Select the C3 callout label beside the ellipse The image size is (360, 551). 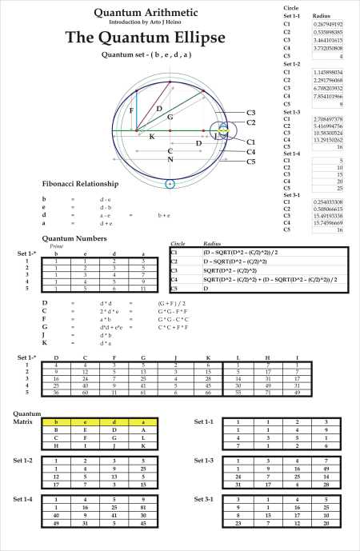coord(250,113)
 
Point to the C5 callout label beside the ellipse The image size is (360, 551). coord(250,161)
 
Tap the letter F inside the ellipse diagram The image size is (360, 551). coord(131,111)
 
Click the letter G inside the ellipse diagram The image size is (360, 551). coord(170,117)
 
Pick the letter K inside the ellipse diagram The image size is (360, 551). coord(152,137)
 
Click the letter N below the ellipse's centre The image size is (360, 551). coord(170,159)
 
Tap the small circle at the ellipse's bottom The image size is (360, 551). coord(170,185)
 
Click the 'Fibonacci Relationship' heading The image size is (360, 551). coord(82,184)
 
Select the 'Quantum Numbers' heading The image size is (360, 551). coord(74,238)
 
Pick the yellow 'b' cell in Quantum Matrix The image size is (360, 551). coord(55,420)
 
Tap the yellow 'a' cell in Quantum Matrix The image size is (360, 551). coord(142,420)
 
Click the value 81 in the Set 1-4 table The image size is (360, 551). coord(142,506)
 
